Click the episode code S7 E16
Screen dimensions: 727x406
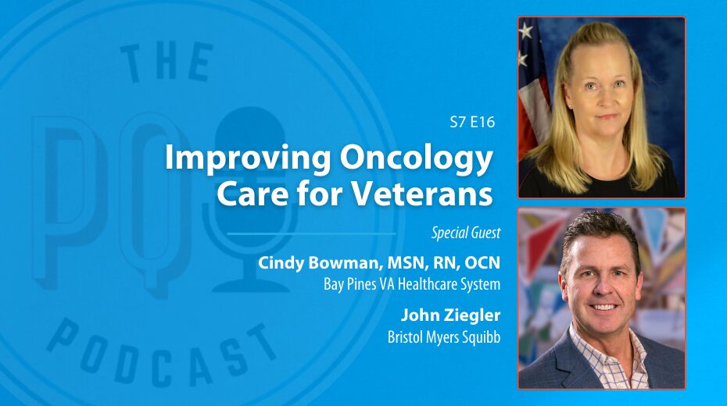472,123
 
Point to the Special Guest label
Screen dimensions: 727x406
466,233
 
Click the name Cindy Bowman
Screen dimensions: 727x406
319,263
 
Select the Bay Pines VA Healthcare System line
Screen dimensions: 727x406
412,283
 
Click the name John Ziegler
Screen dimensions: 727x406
451,315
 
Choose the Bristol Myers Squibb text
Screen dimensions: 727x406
444,337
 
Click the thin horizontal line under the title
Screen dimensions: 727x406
312,233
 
